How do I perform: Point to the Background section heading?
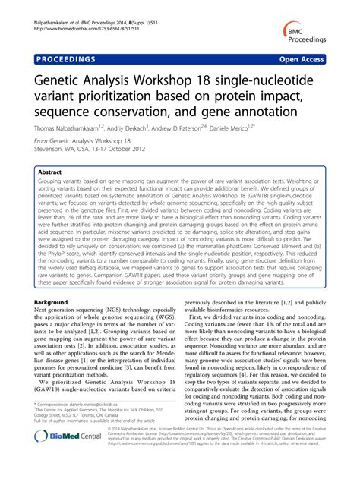[x=49, y=301]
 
